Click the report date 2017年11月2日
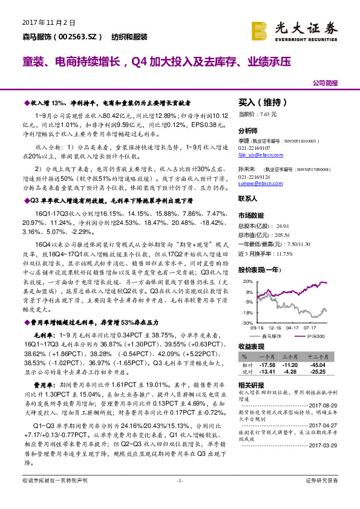point(42,23)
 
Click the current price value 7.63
point(266,114)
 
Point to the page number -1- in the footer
point(179,497)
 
